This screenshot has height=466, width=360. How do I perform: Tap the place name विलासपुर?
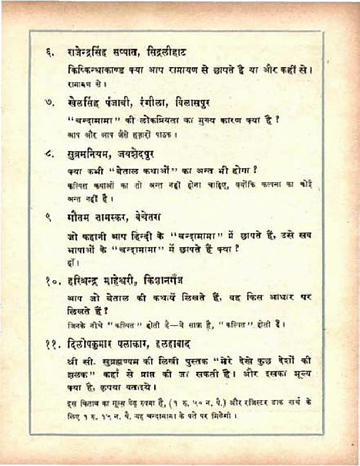[194, 103]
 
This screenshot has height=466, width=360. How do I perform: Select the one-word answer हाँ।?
[72, 263]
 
